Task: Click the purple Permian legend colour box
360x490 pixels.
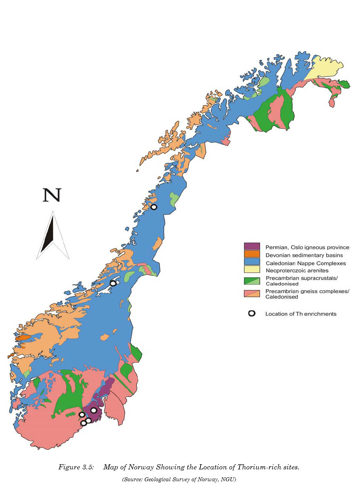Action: [252, 247]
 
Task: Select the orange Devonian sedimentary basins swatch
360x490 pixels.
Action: [252, 254]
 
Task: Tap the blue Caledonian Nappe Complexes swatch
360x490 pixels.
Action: [252, 262]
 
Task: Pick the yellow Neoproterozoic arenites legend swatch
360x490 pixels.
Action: [252, 270]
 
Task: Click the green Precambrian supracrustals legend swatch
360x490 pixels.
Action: [252, 280]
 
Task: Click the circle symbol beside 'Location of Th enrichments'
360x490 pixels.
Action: [251, 314]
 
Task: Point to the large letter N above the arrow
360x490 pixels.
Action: [52, 195]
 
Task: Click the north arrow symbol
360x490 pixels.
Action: [53, 235]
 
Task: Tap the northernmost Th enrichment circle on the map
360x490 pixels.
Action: [154, 207]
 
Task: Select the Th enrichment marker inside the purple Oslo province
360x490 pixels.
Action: [93, 410]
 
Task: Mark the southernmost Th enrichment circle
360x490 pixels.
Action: [84, 423]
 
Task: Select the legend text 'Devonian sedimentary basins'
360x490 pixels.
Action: [304, 255]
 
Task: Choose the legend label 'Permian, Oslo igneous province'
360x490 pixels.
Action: [307, 248]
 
